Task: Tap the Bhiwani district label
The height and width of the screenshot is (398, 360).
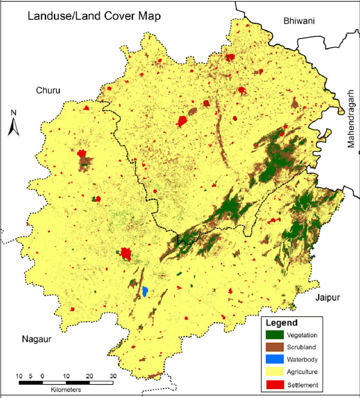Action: [299, 21]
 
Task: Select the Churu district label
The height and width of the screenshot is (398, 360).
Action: [48, 91]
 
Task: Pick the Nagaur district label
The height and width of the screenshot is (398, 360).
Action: [37, 340]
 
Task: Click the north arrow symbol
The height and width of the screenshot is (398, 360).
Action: [14, 126]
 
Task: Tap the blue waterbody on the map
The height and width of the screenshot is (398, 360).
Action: [145, 291]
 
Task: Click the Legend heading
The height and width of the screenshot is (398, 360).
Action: [281, 323]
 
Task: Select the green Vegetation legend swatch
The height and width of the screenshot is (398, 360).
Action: [274, 335]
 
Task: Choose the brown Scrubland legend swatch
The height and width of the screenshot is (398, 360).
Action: [274, 347]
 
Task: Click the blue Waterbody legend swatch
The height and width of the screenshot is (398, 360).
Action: [274, 359]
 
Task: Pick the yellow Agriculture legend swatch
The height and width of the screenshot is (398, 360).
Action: [274, 372]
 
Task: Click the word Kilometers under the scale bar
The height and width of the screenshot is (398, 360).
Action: [66, 390]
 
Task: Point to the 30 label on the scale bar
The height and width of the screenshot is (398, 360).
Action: [113, 376]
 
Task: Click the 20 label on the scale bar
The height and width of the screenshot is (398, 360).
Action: [89, 376]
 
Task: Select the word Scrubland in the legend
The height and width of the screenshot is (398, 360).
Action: [302, 348]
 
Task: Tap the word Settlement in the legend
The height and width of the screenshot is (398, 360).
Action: [302, 384]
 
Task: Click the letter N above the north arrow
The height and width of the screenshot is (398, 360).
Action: [14, 113]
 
